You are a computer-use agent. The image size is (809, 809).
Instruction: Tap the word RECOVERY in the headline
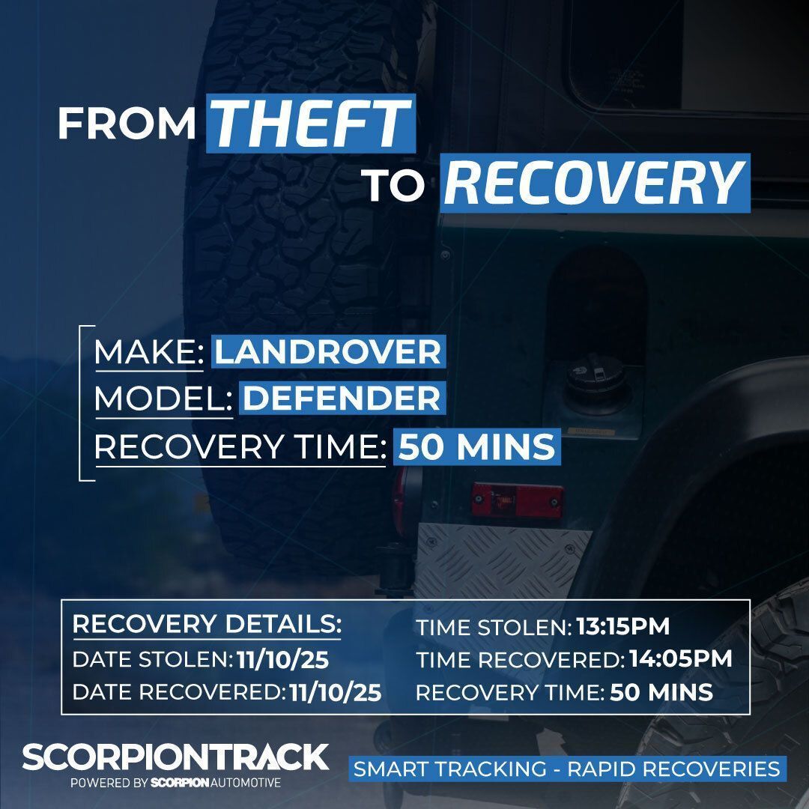click(x=596, y=184)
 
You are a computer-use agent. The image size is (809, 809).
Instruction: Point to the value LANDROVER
click(x=328, y=352)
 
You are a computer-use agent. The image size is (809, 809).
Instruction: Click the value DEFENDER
click(x=342, y=399)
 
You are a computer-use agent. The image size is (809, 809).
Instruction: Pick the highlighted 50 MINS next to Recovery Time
click(x=476, y=447)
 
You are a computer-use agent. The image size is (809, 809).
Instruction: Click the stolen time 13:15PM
click(x=622, y=626)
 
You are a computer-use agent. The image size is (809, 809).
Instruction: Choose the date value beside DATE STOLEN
click(x=283, y=660)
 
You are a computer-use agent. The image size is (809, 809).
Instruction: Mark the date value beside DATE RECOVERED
click(x=335, y=693)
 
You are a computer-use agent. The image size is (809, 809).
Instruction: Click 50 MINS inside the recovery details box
click(x=661, y=693)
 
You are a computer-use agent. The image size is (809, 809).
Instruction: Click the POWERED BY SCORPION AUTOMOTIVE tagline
click(x=175, y=783)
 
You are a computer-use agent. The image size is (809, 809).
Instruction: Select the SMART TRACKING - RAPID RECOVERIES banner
click(x=566, y=769)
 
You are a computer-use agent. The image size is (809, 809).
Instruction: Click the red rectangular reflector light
click(x=517, y=499)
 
